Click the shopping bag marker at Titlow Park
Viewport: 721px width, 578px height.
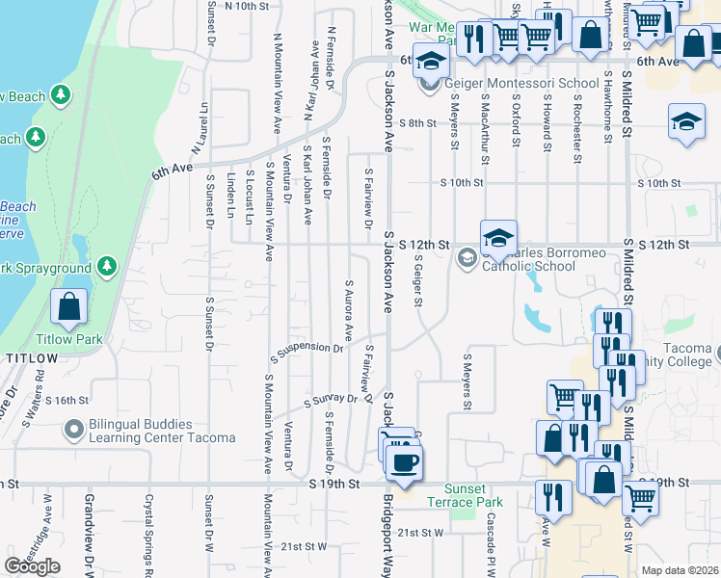pos(69,307)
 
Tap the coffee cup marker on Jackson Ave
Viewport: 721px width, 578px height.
pos(405,461)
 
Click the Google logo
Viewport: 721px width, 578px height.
pos(32,566)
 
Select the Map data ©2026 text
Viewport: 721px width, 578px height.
pos(680,570)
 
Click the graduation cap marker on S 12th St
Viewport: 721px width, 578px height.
pos(498,239)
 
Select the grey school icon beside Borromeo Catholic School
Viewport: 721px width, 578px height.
pos(467,257)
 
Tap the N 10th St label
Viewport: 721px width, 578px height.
pos(245,6)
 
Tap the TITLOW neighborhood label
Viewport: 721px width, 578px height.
pos(32,358)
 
